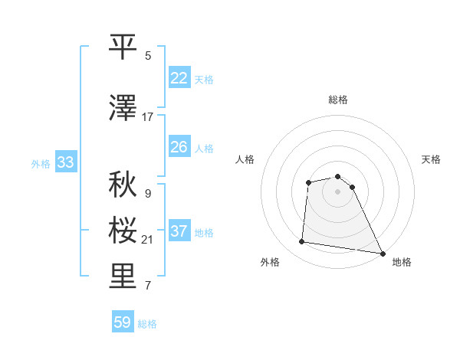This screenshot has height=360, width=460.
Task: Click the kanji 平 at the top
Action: pyautogui.click(x=124, y=47)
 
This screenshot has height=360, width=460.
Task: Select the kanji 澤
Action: pyautogui.click(x=124, y=109)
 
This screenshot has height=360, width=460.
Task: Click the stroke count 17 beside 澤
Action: pyautogui.click(x=148, y=117)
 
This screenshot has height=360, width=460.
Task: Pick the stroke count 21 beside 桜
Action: pyautogui.click(x=148, y=240)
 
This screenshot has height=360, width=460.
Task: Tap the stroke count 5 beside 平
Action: pyautogui.click(x=148, y=56)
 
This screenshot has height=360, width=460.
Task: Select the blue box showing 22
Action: pyautogui.click(x=179, y=77)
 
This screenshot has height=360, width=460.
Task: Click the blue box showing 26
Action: pyautogui.click(x=179, y=146)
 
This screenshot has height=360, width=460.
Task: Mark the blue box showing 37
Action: pyautogui.click(x=179, y=231)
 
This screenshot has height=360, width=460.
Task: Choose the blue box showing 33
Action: pyautogui.click(x=65, y=162)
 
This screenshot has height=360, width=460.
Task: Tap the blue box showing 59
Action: pyautogui.click(x=123, y=322)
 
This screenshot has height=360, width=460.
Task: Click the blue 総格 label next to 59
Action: pyautogui.click(x=148, y=324)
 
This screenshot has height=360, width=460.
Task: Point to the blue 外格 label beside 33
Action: pyautogui.click(x=41, y=163)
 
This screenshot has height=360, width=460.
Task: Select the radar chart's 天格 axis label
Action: pyautogui.click(x=432, y=159)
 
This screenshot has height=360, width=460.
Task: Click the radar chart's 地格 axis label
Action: pyautogui.click(x=402, y=262)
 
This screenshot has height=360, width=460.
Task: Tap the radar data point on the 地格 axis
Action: pyautogui.click(x=383, y=254)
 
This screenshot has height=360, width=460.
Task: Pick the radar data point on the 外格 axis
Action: pyautogui.click(x=302, y=242)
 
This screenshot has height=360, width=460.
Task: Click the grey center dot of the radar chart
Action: pyautogui.click(x=338, y=191)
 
